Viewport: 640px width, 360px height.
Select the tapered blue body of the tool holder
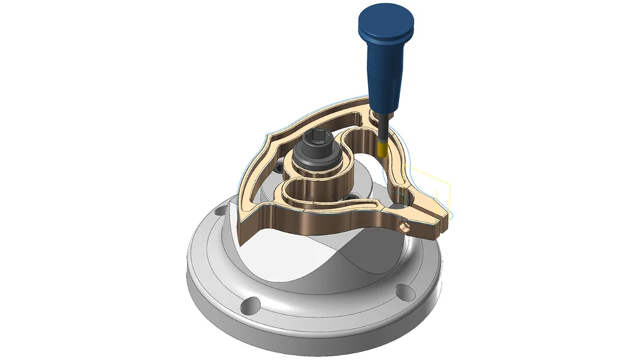pos(381,68)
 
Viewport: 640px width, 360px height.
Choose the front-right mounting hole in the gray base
pos(404,291)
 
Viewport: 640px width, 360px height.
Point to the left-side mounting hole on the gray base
pos(217,212)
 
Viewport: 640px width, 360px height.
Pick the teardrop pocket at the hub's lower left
pos(297,192)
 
